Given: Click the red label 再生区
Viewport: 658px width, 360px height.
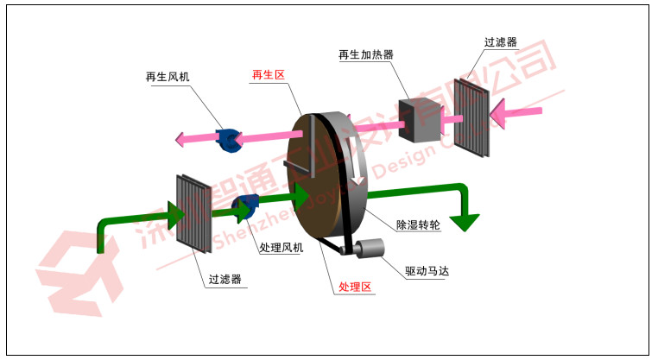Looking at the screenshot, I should tap(268, 75).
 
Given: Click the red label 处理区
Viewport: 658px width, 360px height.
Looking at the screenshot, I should tap(356, 286).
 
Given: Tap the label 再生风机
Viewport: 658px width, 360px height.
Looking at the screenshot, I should tap(168, 77).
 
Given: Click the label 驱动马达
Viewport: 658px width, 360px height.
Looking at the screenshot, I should tap(427, 270).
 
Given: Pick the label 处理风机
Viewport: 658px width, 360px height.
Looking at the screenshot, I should tap(282, 247).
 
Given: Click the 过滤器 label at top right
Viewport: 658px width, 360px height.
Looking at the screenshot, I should tap(502, 41).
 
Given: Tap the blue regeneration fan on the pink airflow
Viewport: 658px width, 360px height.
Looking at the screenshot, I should tap(229, 140).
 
